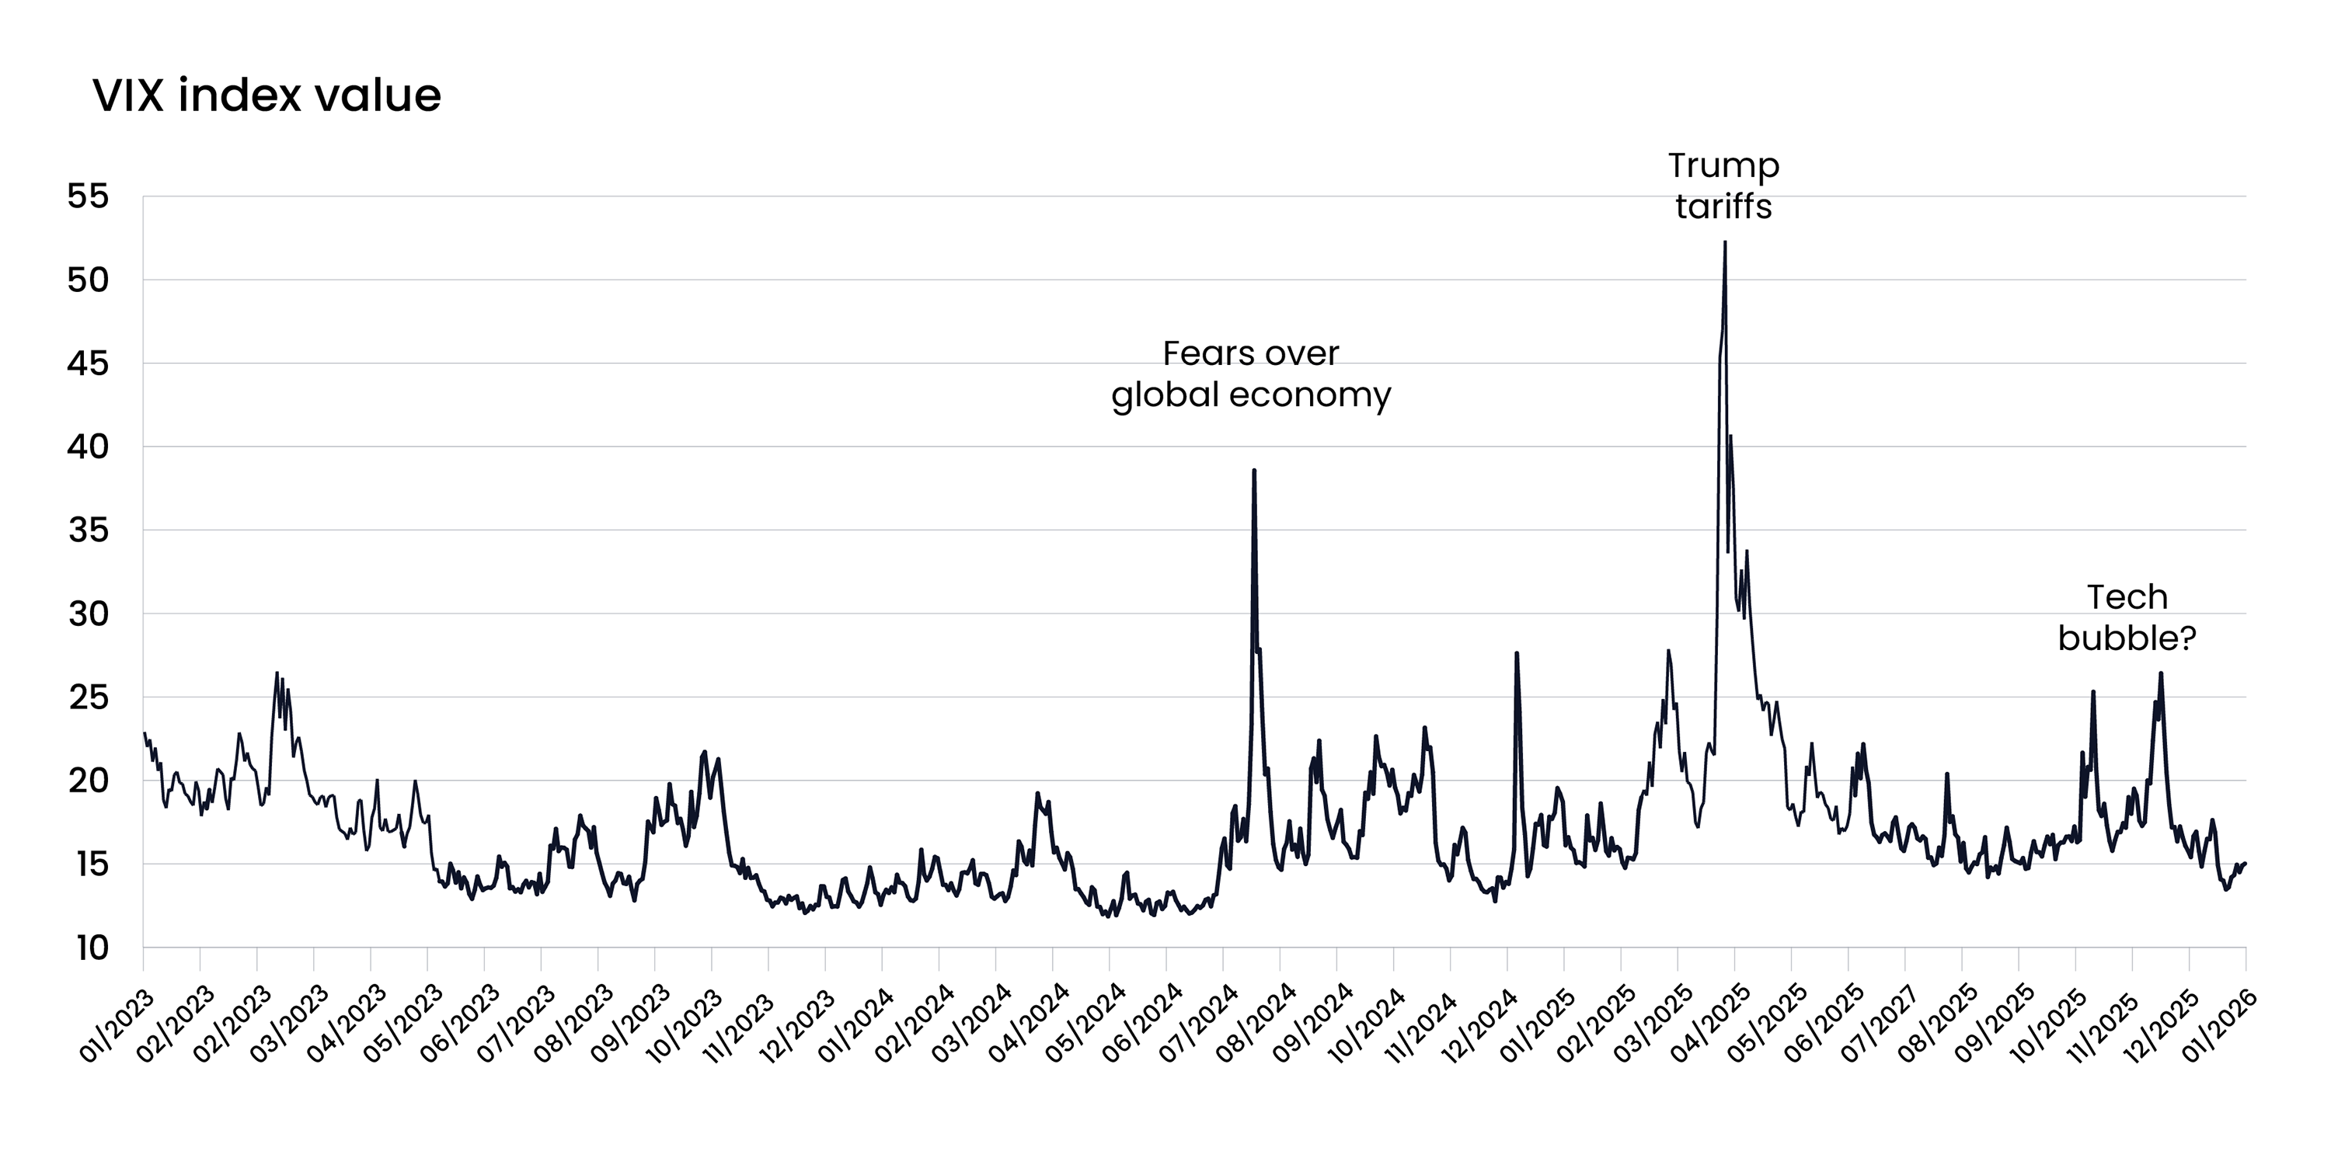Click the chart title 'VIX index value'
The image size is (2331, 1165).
[x=267, y=96]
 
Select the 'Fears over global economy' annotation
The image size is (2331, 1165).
[x=1250, y=374]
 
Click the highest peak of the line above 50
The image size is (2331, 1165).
[x=1725, y=242]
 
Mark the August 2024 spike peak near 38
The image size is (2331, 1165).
[x=1253, y=471]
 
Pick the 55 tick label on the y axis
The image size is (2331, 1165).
[x=88, y=196]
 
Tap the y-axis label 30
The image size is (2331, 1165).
[x=88, y=614]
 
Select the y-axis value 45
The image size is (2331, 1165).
[x=88, y=363]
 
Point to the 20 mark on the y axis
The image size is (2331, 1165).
[x=88, y=781]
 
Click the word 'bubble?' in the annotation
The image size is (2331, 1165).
[x=2127, y=638]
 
